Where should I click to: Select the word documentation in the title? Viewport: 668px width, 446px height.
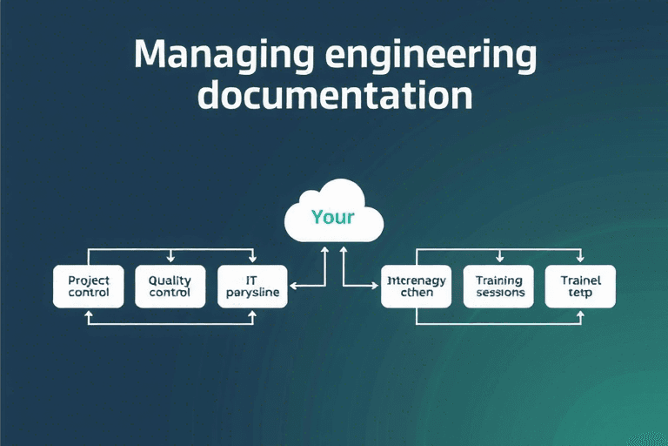(335, 96)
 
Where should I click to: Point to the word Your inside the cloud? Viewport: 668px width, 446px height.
(333, 216)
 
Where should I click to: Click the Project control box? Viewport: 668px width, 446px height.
(89, 287)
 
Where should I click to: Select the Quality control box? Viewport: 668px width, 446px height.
(170, 287)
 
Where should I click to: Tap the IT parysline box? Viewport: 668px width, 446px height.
(252, 287)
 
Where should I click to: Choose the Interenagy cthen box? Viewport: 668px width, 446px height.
(416, 287)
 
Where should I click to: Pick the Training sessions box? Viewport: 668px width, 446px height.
(499, 287)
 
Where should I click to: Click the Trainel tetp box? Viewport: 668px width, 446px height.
(580, 287)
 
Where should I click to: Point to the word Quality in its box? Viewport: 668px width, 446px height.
(170, 280)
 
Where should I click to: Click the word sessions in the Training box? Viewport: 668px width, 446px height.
(500, 293)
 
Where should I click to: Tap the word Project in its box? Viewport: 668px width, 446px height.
(89, 280)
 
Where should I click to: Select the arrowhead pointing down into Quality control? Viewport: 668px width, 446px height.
(170, 259)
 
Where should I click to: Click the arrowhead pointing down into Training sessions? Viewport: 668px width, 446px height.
(499, 259)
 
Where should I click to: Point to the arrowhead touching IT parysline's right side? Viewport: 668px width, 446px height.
(293, 285)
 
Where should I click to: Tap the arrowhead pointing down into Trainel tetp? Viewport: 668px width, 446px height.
(580, 259)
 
